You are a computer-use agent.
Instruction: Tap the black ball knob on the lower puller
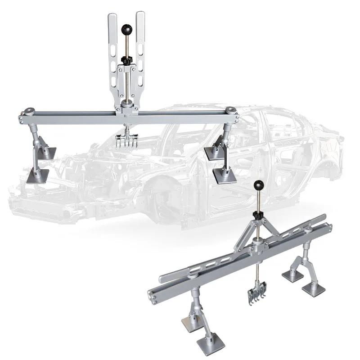tap(258, 184)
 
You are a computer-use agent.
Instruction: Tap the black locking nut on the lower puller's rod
tap(258, 216)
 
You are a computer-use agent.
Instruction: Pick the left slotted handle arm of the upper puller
tap(112, 49)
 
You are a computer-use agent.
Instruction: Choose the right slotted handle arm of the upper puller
tap(140, 49)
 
